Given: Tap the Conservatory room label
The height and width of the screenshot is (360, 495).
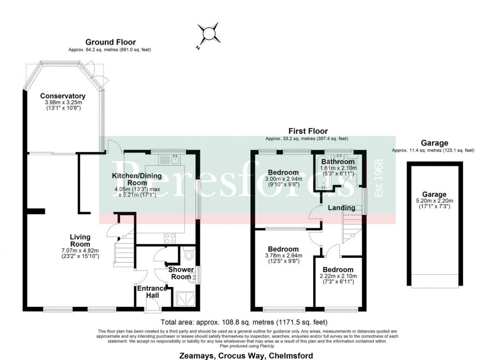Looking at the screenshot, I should (63, 96).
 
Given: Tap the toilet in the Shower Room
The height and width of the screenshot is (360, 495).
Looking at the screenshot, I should (189, 254).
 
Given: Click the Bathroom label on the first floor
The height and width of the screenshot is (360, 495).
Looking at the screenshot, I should (338, 162).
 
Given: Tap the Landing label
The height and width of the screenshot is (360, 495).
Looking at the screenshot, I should (342, 208).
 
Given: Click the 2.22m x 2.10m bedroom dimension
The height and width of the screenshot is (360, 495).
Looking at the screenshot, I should (338, 276).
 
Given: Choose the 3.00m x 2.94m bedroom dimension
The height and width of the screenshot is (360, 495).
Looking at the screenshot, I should (284, 179).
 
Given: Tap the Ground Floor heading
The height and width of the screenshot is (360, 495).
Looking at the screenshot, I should (111, 43).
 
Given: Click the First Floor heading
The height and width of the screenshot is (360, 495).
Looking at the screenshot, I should (308, 131).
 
